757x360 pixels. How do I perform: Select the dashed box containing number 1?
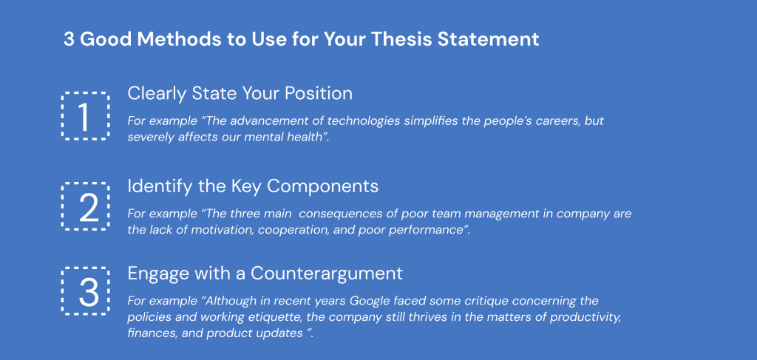[85, 116]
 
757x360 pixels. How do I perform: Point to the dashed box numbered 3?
[85, 291]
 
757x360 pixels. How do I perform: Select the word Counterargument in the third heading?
[327, 273]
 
